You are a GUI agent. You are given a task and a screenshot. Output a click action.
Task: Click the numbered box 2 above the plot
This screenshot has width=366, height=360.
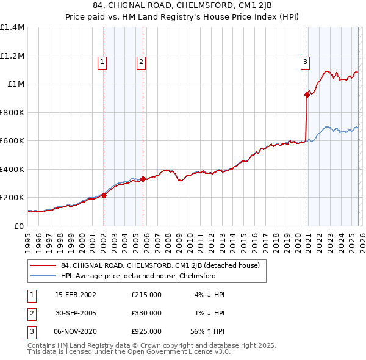point(141,61)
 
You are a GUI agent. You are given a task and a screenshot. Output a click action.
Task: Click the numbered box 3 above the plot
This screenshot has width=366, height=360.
point(304,61)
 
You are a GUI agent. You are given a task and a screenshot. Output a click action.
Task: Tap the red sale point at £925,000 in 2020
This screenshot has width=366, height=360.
point(307,95)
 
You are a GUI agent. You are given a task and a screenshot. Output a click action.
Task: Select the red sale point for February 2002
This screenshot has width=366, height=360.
point(104,195)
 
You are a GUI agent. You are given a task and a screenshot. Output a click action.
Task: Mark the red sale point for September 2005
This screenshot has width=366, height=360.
point(143,179)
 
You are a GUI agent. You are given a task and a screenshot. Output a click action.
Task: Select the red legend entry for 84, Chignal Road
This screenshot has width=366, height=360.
point(160,265)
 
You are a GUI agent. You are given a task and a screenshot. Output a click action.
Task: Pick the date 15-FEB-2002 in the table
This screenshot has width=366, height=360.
point(75,295)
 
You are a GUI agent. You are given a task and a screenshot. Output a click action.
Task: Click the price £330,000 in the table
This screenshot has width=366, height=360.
point(146,313)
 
